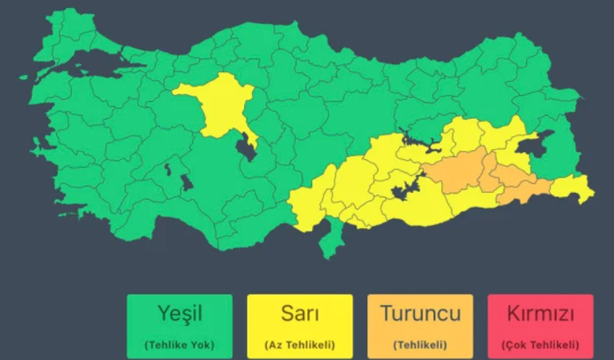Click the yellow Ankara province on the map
218,107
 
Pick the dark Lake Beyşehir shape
187,182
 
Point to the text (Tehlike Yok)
180,344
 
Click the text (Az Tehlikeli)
299,344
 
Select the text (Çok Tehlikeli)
540,344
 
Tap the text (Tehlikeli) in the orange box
420,344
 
